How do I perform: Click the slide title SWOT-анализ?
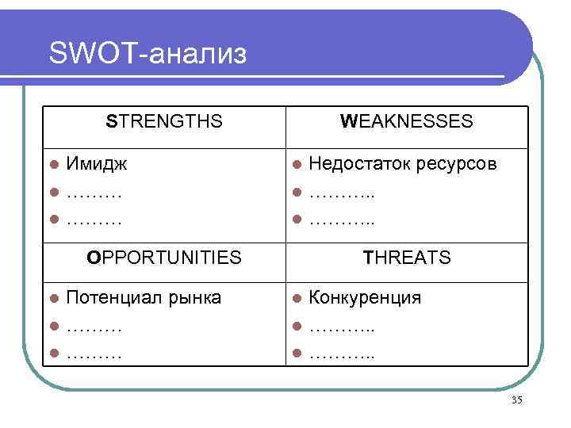pos(148,54)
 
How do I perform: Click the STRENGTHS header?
pos(165,122)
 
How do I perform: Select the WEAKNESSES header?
pos(406,122)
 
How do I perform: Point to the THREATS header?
pos(406,257)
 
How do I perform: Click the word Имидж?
pos(98,164)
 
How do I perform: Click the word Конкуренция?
pos(365,299)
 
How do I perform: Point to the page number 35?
pos(517,400)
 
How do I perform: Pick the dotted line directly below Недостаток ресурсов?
pos(341,193)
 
